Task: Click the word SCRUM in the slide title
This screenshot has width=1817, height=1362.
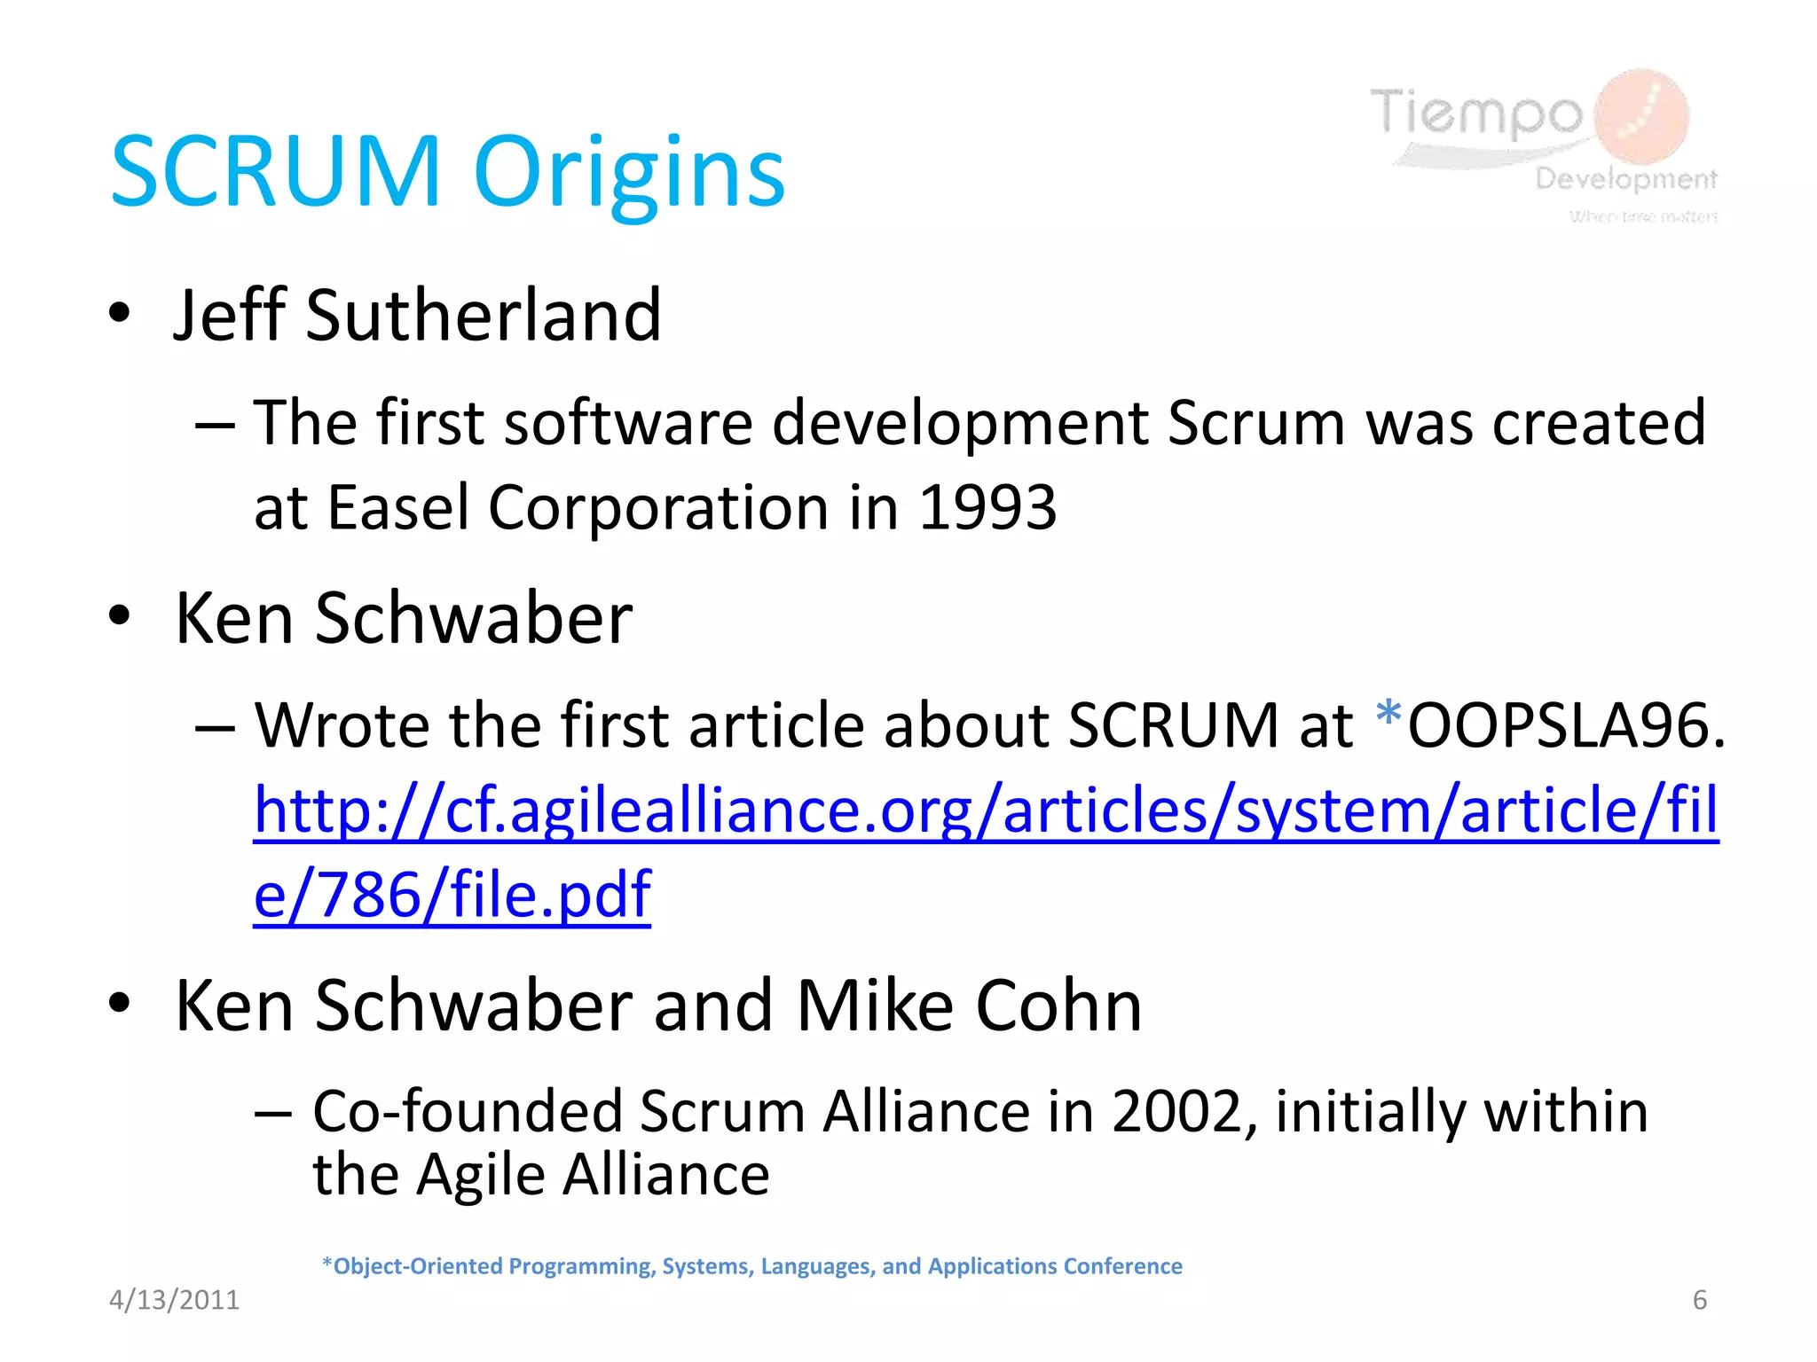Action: coord(276,172)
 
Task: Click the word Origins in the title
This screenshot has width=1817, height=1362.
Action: coord(630,172)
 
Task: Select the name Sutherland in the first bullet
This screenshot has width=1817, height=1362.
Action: coord(484,316)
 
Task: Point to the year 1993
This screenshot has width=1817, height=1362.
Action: coord(987,508)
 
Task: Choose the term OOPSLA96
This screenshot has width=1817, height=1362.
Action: coord(1567,726)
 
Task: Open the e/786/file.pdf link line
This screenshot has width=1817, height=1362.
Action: coord(452,896)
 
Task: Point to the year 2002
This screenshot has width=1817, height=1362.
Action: coord(1176,1112)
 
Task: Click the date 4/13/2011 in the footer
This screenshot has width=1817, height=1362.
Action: coord(174,1300)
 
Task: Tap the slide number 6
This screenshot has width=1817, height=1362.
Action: coord(1699,1300)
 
